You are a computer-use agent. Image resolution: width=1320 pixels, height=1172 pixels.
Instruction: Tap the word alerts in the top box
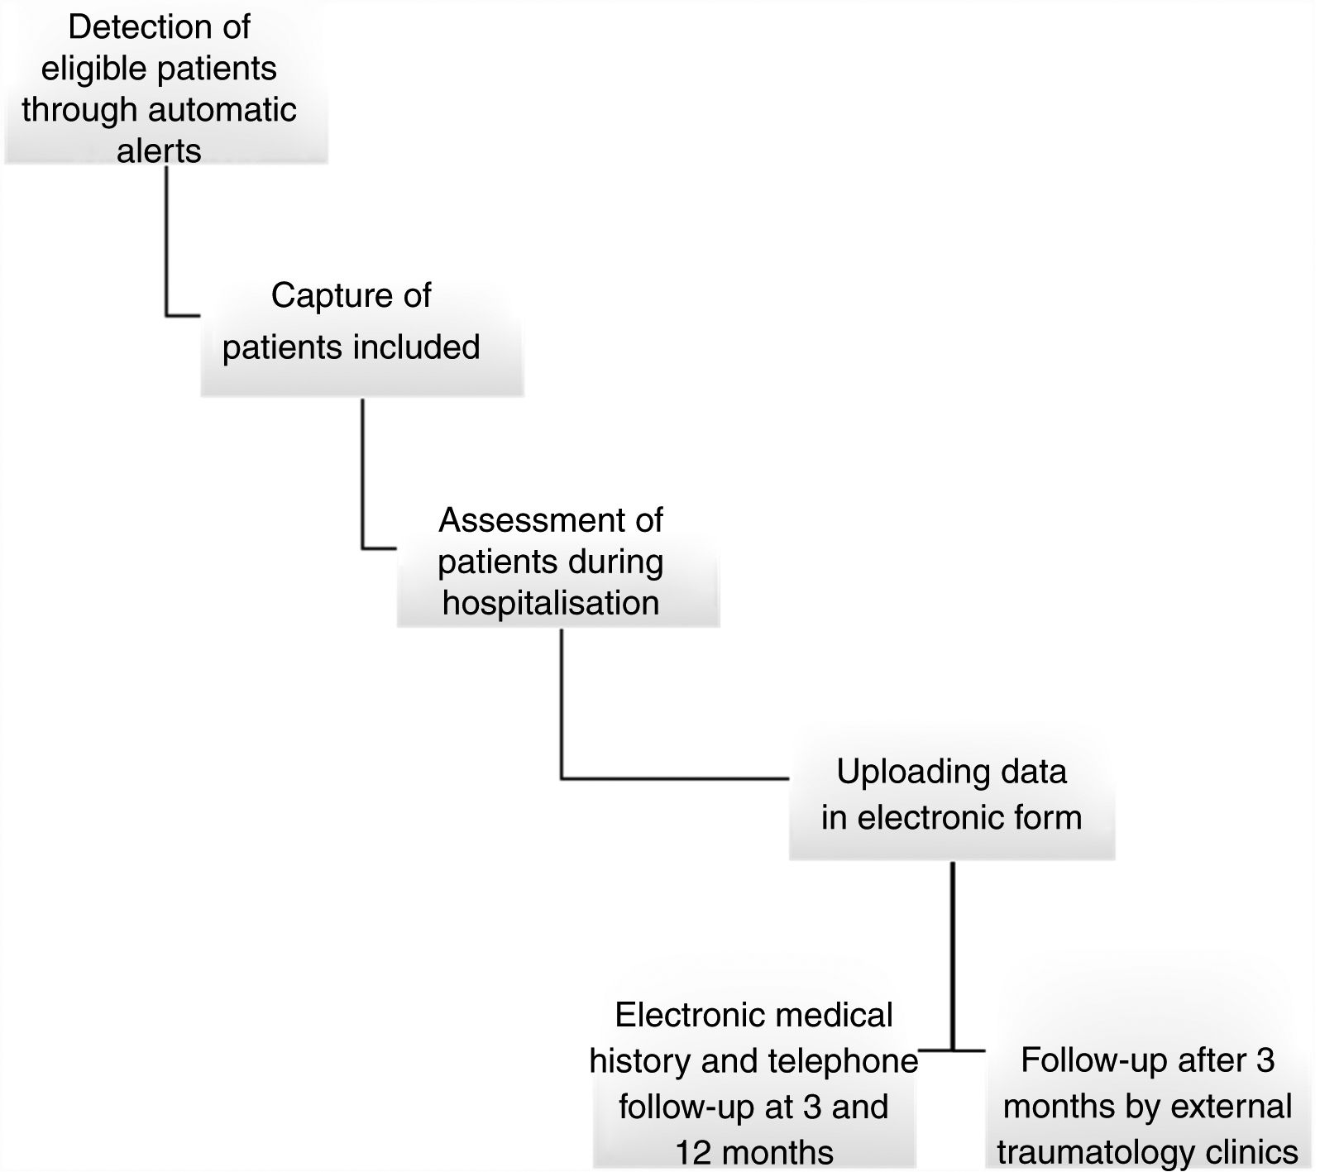point(159,151)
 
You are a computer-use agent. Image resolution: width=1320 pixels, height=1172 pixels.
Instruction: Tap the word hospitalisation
point(551,603)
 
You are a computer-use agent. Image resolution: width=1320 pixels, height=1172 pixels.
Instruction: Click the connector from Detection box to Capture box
point(166,248)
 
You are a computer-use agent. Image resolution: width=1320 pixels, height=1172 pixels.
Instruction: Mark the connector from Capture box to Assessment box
point(362,480)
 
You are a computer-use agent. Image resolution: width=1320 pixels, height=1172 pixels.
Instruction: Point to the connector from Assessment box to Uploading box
point(562,711)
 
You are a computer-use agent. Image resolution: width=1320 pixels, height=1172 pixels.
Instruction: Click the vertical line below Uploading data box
point(953,951)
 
